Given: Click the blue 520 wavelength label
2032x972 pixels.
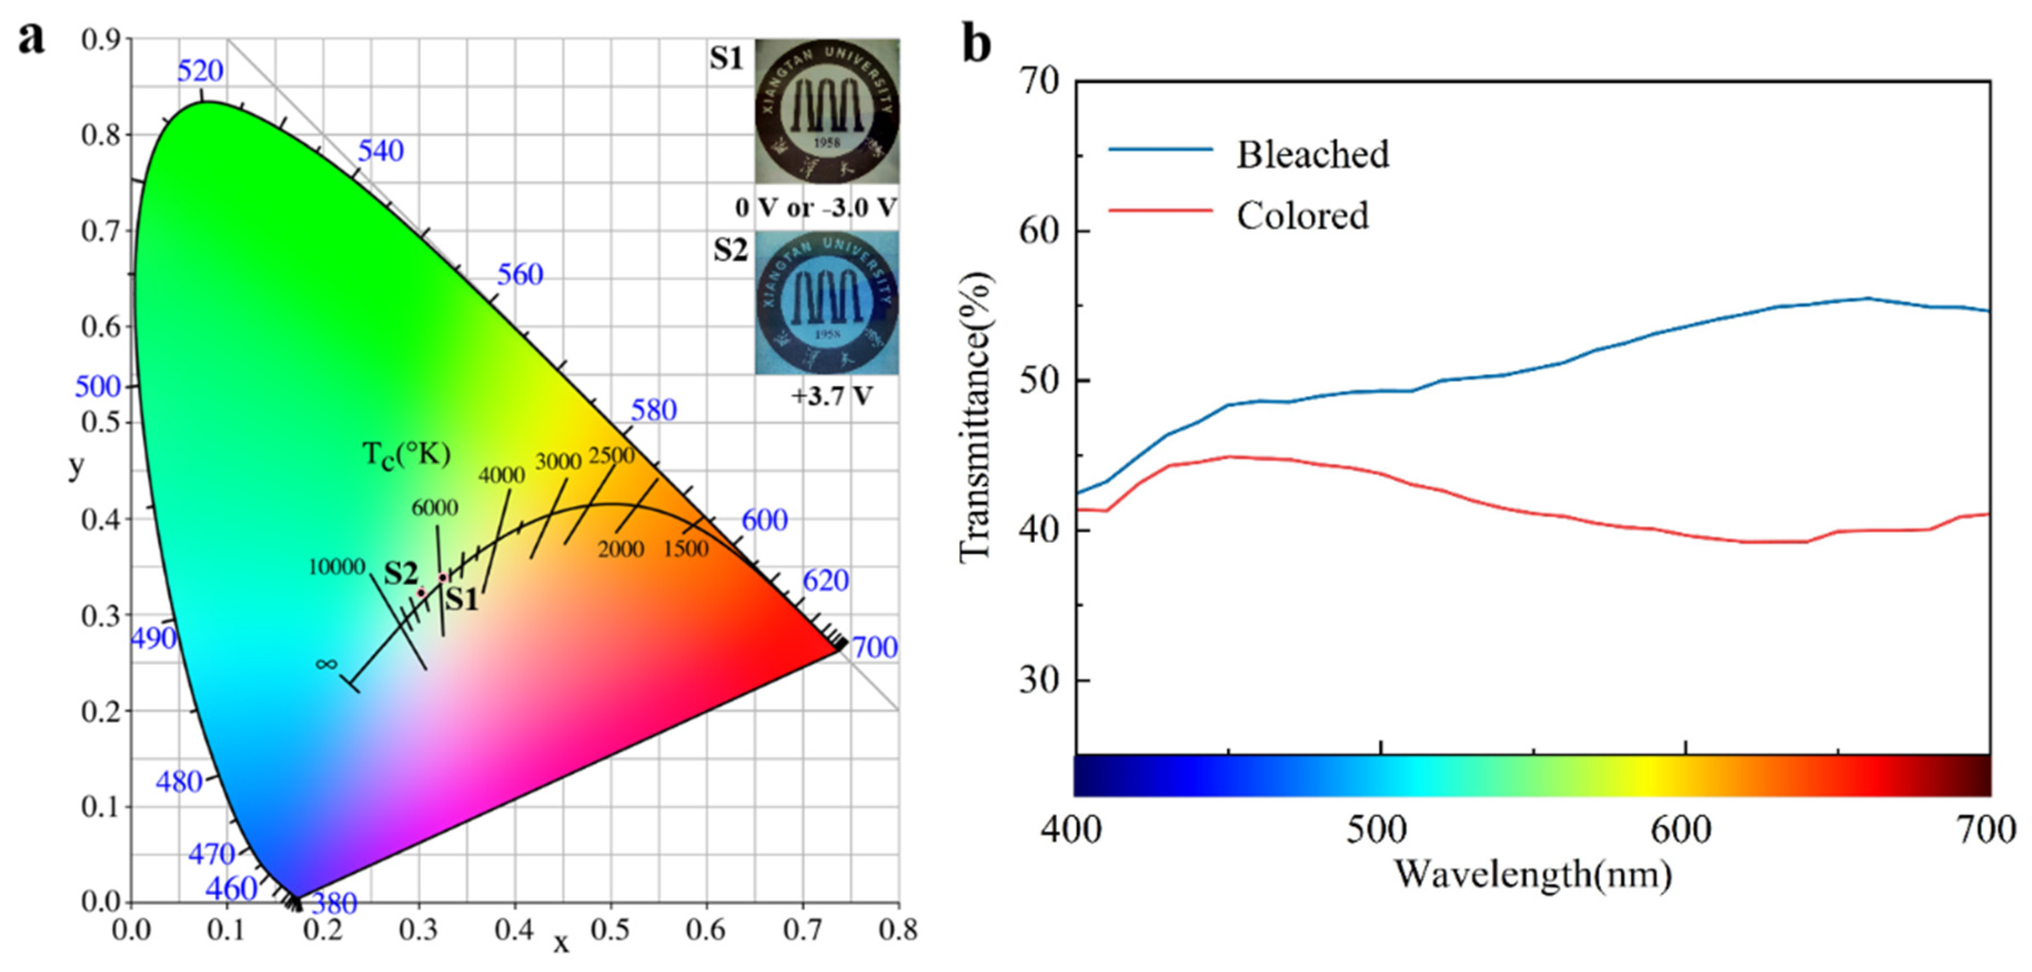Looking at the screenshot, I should [200, 71].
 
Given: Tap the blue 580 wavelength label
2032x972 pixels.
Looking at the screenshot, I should [653, 410].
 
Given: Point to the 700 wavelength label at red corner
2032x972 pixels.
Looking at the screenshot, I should [875, 648].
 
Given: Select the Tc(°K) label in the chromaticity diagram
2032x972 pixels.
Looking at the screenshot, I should [406, 455].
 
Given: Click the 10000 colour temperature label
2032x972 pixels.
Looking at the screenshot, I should [336, 566].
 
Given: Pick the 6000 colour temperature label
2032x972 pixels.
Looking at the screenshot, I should [435, 507].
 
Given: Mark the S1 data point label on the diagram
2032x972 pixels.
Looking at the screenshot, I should [461, 600].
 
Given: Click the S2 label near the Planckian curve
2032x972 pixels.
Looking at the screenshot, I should [401, 573].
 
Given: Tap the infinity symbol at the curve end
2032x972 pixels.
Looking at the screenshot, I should [326, 664].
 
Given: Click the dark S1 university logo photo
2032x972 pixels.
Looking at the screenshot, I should [826, 111].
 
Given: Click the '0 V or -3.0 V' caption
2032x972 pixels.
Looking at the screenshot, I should [816, 208].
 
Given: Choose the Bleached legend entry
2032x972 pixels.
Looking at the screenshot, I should [1312, 154].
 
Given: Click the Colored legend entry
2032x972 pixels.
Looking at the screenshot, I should [1302, 215].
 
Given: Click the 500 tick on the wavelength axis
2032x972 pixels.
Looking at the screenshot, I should [1377, 830].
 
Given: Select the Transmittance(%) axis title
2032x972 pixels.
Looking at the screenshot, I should [976, 418].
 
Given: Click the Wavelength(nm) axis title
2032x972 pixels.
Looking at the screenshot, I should [1532, 874].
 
